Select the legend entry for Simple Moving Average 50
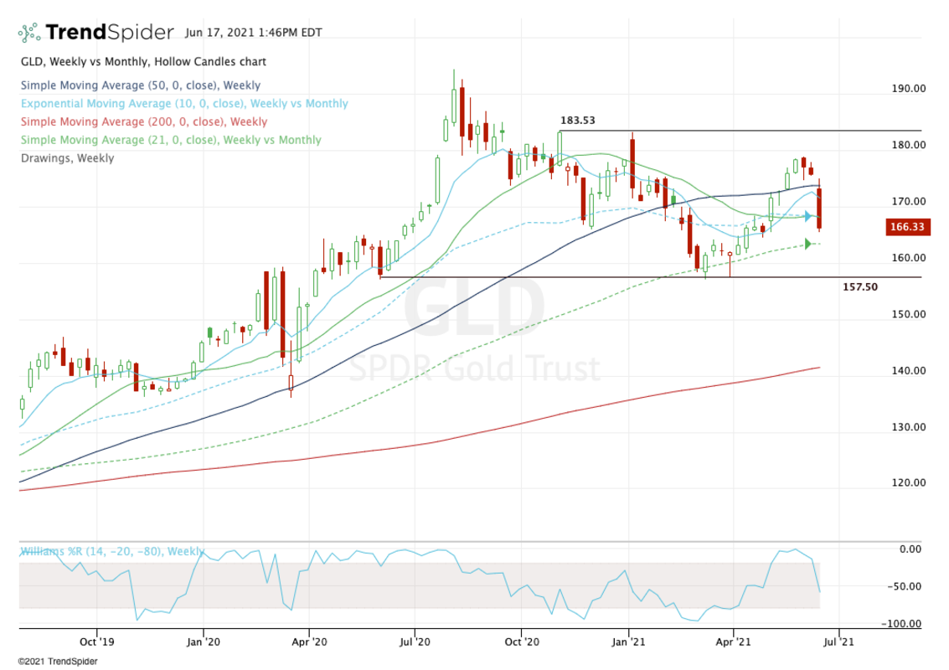140,85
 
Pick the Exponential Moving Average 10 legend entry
183,104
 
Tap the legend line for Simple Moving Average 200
143,122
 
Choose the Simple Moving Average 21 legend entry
170,140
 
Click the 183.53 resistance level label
577,121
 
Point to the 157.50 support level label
859,287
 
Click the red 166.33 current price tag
906,227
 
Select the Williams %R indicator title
111,552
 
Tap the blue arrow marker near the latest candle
809,217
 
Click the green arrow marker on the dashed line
809,244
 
